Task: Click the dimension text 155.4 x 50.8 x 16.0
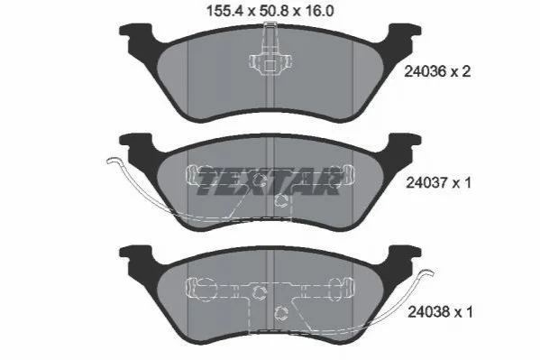270,11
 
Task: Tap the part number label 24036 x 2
437,71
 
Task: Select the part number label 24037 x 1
438,182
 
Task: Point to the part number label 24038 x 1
440,312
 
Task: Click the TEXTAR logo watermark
269,181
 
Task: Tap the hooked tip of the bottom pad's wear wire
427,272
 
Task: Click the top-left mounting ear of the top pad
135,31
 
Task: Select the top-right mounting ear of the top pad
405,31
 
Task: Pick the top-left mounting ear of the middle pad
135,141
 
